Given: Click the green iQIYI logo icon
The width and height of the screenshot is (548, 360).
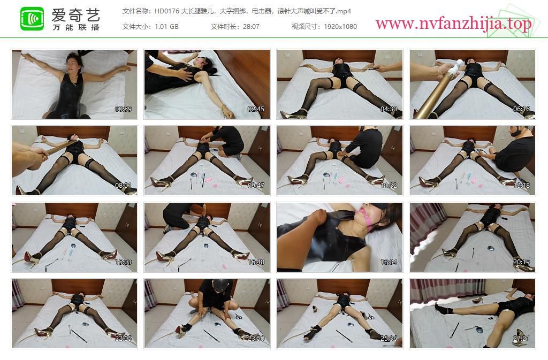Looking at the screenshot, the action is (x=32, y=19).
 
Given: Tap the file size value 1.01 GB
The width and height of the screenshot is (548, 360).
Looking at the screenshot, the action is (x=166, y=27).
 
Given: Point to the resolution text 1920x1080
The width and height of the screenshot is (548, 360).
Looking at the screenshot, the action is (x=340, y=27).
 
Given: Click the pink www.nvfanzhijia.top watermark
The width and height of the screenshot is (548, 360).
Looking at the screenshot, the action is (x=453, y=24).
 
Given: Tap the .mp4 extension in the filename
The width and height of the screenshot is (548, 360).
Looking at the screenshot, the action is (x=344, y=11).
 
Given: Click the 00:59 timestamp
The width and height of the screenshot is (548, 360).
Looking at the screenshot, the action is (x=123, y=109).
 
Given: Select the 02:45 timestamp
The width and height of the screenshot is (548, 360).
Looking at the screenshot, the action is (x=256, y=109).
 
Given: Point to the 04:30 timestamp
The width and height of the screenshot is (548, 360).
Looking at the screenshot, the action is (x=389, y=109).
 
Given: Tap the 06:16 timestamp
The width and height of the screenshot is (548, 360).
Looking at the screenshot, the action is (x=521, y=109).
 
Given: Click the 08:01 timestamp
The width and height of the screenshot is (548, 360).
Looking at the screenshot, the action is (x=123, y=186).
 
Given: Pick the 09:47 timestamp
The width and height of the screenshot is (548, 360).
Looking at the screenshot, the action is (x=256, y=186).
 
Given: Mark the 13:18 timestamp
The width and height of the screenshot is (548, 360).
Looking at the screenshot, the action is (x=521, y=186).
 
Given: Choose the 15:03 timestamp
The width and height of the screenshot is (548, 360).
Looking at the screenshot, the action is (x=123, y=262).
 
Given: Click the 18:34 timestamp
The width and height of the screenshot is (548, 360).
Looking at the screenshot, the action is (x=389, y=262).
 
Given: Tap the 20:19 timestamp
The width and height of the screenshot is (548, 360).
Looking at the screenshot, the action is (x=521, y=262).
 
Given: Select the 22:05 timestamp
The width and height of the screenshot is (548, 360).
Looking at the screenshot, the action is (x=123, y=339).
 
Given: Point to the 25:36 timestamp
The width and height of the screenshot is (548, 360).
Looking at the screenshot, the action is (x=389, y=339).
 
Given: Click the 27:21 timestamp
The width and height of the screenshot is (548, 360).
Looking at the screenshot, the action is (x=521, y=339).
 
